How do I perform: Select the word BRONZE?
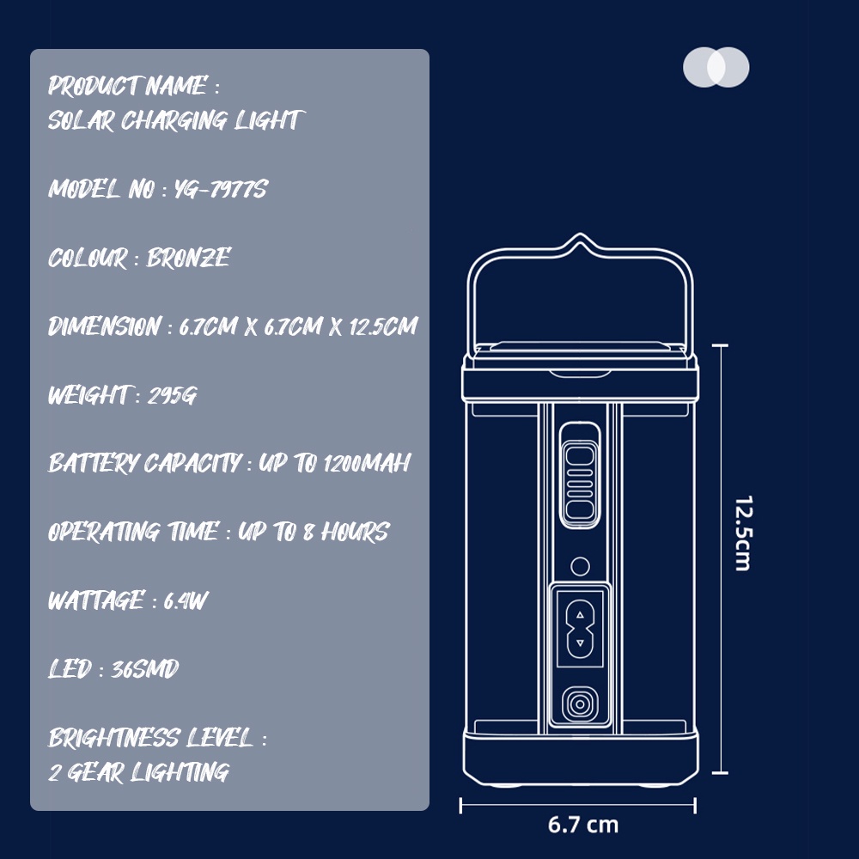[188, 258]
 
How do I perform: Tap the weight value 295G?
[172, 395]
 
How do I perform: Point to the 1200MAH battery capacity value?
[367, 464]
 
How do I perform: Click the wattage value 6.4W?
[186, 600]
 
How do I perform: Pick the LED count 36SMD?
[145, 669]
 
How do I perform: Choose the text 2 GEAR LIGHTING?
[139, 772]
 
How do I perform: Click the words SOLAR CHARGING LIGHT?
[175, 120]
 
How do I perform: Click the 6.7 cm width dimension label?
[583, 825]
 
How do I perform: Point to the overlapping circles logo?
[716, 67]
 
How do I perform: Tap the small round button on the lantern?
[580, 566]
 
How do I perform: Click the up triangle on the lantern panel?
[580, 615]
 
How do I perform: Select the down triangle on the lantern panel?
[580, 643]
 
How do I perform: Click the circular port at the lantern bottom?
[580, 705]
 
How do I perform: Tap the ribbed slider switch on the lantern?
[580, 480]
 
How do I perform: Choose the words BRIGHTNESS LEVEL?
[151, 738]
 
